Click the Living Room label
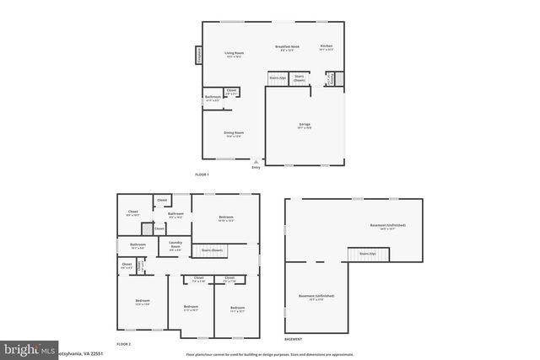pos(234,55)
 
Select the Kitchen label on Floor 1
pos(327,47)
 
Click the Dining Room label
pos(234,133)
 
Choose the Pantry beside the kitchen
pos(332,78)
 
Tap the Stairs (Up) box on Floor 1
pos(278,78)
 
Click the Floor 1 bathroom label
pos(212,98)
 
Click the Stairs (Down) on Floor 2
pos(212,250)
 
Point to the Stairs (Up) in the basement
pos(367,253)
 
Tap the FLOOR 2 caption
pos(124,344)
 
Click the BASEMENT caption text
pos(293,340)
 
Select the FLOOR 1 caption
pos(202,175)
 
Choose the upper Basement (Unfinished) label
pos(387,226)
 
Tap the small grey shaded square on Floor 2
pos(147,228)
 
